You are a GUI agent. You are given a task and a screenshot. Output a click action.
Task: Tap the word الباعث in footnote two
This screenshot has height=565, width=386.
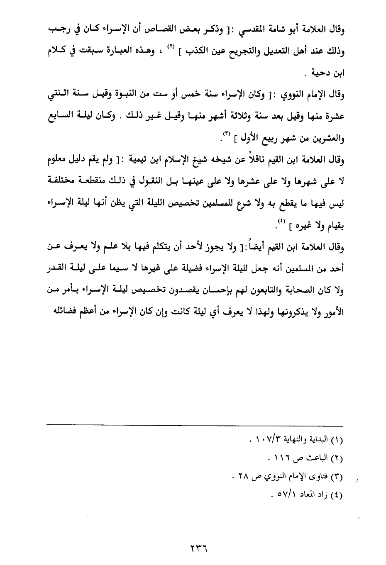[x=318, y=458]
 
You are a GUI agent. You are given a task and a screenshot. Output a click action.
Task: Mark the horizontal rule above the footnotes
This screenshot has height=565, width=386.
[x=195, y=424]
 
